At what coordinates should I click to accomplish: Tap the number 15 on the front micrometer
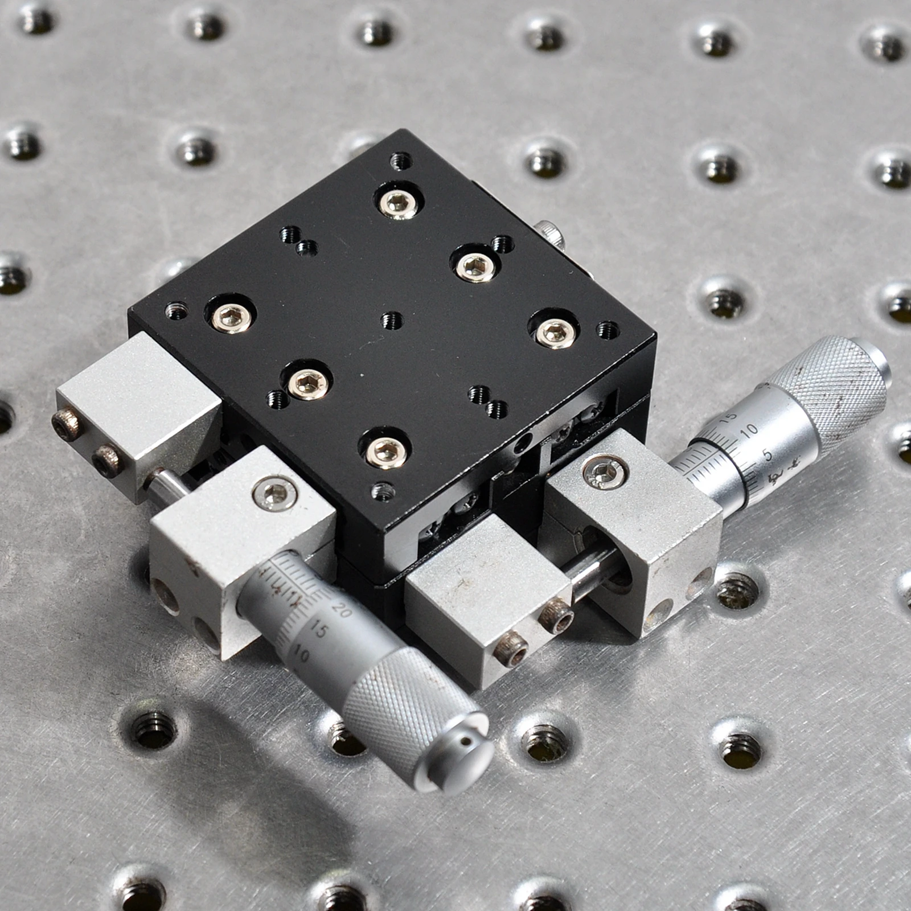point(321,631)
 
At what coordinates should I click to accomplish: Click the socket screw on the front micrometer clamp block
point(275,490)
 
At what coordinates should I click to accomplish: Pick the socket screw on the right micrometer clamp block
point(604,470)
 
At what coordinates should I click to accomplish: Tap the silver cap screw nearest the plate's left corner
point(230,317)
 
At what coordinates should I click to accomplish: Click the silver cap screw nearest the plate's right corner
point(552,331)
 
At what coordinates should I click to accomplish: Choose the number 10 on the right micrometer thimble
point(750,430)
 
